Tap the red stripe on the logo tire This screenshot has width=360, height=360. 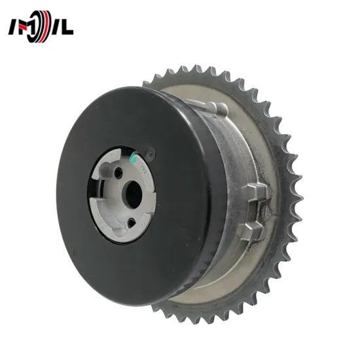coord(46,27)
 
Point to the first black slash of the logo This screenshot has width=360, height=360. coord(14,27)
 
